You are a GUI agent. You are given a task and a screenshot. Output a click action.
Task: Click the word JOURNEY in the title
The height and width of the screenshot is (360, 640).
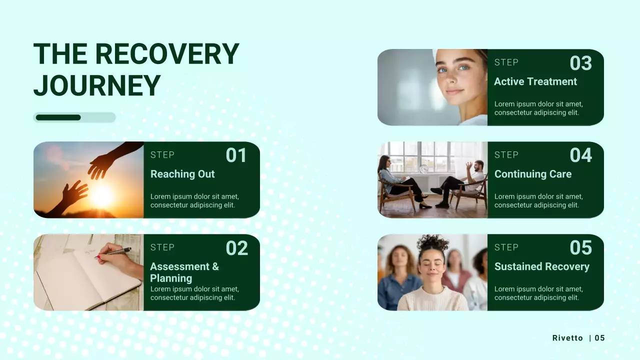pos(97,85)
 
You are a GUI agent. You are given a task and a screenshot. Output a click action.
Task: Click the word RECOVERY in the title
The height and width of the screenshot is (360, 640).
pos(166,54)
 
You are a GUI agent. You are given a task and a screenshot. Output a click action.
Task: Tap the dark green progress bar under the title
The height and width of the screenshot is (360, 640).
pos(58,117)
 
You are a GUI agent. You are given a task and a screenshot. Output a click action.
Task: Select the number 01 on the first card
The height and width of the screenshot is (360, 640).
pos(236,155)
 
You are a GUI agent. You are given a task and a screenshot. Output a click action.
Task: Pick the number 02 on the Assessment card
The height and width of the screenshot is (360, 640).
pos(236,248)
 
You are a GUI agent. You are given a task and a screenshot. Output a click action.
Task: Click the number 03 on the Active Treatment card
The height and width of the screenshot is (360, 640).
pos(580,63)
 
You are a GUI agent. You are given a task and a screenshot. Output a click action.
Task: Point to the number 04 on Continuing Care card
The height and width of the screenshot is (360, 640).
pos(580,155)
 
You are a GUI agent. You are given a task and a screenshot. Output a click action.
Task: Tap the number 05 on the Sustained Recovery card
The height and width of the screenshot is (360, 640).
pos(580,248)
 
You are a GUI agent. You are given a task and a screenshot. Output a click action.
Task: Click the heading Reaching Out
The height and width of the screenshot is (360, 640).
pos(182,174)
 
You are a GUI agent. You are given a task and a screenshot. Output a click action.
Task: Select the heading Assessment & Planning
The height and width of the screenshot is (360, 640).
pos(184,272)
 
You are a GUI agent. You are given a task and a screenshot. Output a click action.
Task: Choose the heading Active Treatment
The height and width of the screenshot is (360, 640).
pos(535,81)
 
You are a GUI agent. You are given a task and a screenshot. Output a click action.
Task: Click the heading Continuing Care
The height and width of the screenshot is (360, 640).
pos(533,174)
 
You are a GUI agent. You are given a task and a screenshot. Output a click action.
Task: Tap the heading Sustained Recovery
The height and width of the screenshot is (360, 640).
pos(542,266)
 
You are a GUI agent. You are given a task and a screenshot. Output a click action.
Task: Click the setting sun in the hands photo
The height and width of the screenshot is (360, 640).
pos(102,196)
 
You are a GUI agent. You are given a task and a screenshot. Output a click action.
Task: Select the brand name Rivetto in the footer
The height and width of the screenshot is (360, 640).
pos(567,338)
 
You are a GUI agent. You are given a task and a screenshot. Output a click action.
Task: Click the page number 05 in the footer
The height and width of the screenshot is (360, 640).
pos(599,338)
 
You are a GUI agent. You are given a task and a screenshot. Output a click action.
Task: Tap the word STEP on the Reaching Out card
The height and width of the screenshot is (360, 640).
pos(162,155)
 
